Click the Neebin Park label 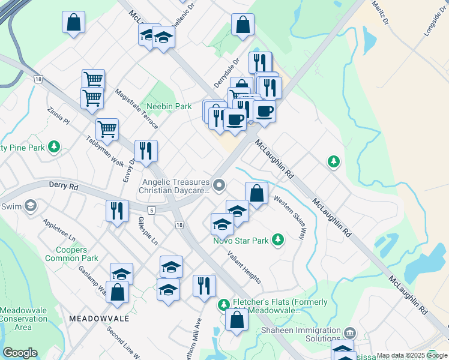pos(169,106)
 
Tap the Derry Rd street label pos(65,187)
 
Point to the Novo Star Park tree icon pos(277,239)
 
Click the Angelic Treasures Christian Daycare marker pos(219,185)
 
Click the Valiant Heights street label pos(244,267)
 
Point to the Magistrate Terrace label pos(136,109)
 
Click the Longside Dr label pos(435,22)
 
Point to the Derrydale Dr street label pos(226,73)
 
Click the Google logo pos(20,353)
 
